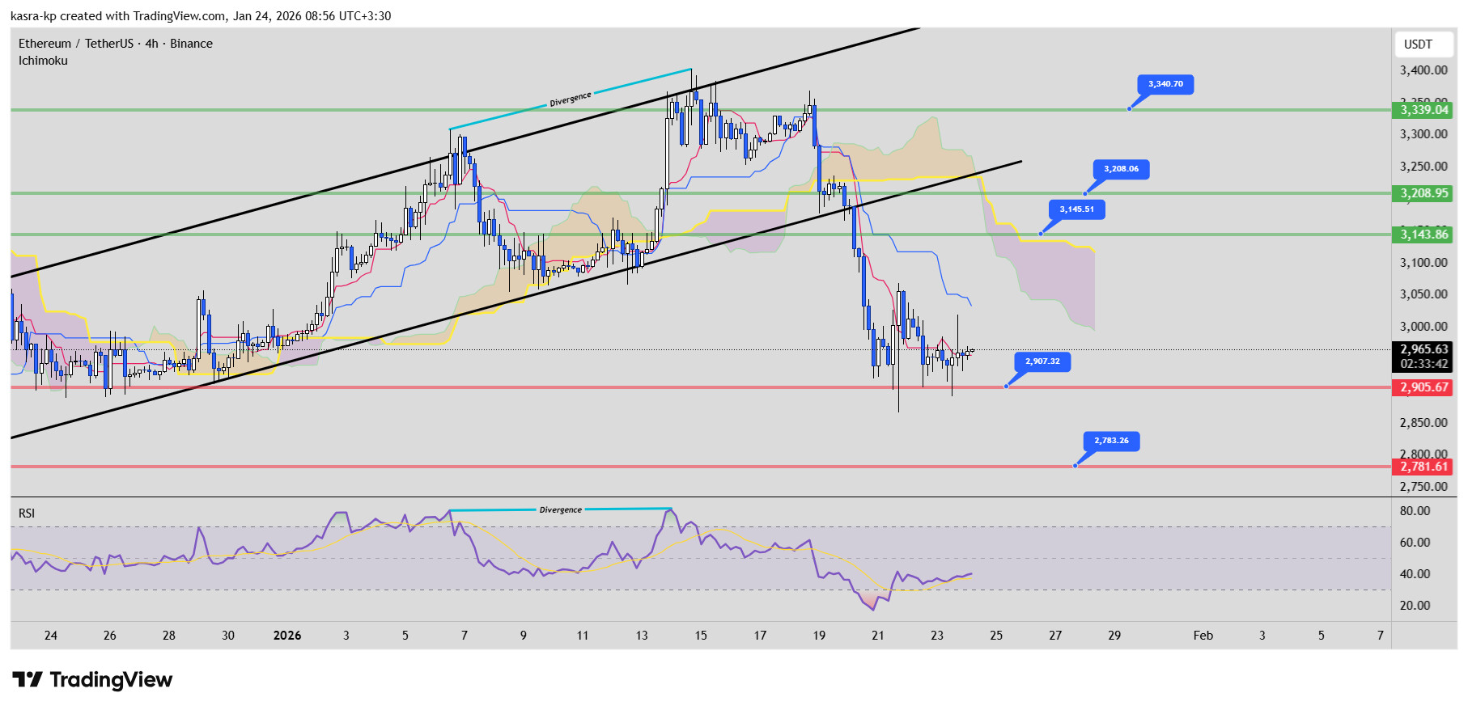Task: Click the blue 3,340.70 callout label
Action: [1165, 84]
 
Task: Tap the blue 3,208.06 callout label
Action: [1121, 169]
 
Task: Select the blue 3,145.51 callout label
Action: [1076, 209]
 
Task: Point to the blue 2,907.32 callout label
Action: [1042, 361]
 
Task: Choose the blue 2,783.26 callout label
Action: [1111, 441]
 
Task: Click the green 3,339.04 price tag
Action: [1423, 110]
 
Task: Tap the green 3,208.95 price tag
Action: [1423, 193]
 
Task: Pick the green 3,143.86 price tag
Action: [1423, 235]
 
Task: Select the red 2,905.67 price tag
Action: [1423, 387]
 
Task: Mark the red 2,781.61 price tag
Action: [1423, 467]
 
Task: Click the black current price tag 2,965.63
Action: [1423, 350]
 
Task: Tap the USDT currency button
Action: [1418, 44]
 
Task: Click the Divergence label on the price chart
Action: [571, 99]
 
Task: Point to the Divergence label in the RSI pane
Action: [560, 510]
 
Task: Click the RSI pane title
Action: [27, 513]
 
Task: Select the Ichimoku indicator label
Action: [43, 61]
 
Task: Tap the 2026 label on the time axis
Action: [287, 636]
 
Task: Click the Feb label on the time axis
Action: [1203, 636]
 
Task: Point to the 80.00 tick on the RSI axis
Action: [1415, 511]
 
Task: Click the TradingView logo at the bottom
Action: [92, 680]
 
